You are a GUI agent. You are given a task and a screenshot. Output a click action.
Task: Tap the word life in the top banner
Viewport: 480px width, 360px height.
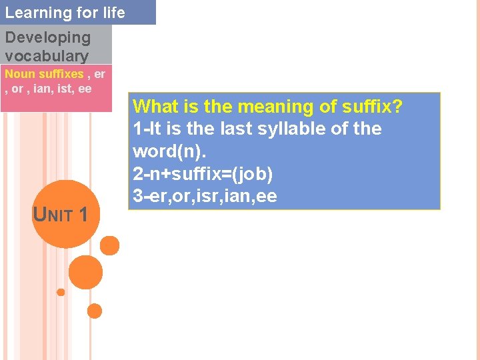(x=112, y=13)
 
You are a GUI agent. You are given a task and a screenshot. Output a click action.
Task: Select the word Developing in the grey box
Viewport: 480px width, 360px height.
(x=47, y=38)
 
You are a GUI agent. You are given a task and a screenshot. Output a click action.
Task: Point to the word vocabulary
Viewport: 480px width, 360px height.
(x=47, y=56)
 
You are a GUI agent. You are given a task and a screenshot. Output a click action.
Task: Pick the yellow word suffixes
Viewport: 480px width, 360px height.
(x=59, y=74)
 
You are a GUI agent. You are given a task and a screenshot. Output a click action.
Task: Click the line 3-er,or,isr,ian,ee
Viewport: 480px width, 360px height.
(x=205, y=196)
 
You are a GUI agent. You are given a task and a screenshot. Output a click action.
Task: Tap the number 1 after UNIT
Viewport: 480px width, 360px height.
(x=83, y=214)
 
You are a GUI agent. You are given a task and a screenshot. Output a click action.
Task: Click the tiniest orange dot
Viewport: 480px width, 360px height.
(x=61, y=292)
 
